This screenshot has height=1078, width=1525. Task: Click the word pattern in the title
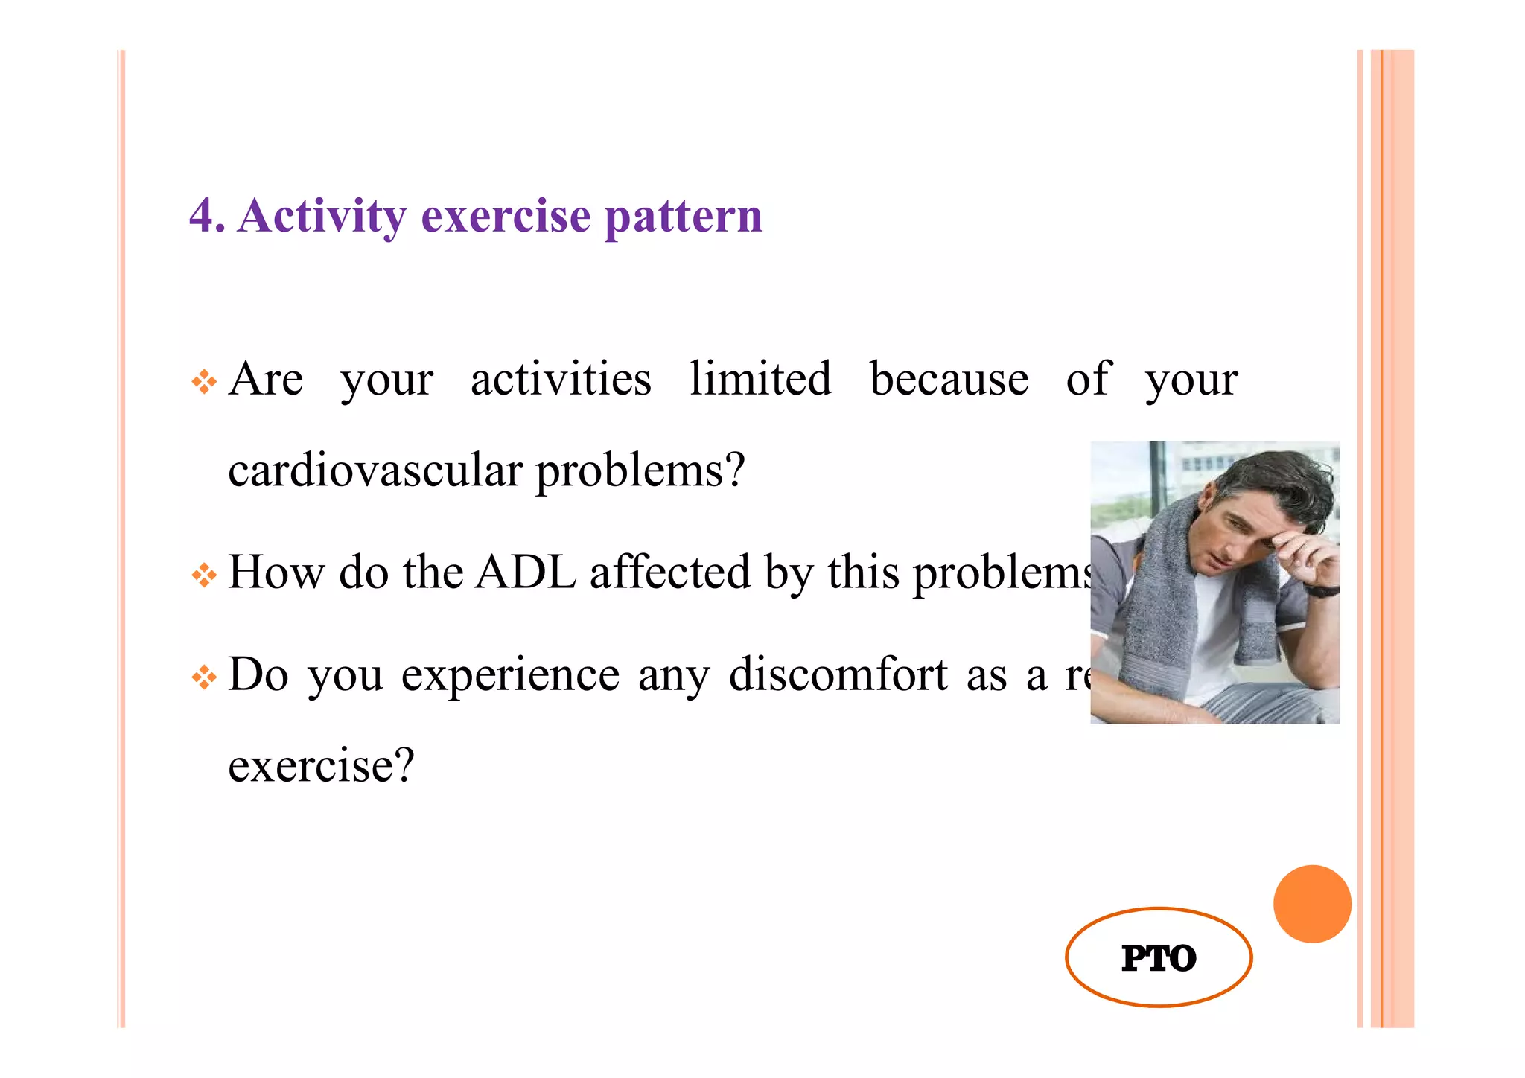click(683, 217)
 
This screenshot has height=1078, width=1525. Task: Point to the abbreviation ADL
click(525, 572)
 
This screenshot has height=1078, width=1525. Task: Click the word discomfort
click(838, 674)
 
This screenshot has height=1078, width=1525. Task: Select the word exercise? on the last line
click(320, 765)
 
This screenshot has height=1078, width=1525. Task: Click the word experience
click(509, 676)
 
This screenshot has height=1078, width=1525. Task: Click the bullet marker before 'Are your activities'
click(203, 383)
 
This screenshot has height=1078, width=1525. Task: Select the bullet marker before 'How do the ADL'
click(203, 575)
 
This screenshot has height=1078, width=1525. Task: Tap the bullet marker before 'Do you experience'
click(203, 677)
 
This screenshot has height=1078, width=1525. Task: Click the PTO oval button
click(1158, 957)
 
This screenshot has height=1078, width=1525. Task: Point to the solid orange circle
click(1311, 903)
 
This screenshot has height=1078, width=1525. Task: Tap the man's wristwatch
click(1321, 590)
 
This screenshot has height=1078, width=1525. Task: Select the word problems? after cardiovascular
click(640, 472)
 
